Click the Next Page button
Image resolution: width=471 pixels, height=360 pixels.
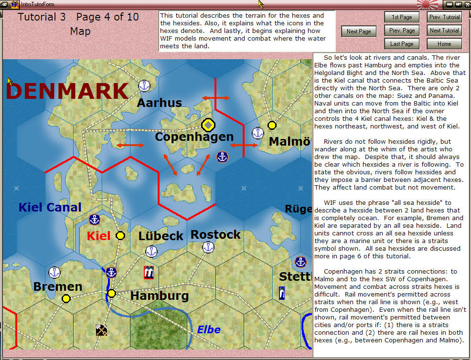pos(359,32)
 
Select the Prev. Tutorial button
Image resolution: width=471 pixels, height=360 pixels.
pos(444,17)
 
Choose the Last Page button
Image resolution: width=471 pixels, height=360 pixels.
pos(402,44)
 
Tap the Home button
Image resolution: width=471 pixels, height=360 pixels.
pos(444,44)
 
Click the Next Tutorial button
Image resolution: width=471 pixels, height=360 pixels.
pos(444,31)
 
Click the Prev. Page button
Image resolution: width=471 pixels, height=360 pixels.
pos(402,31)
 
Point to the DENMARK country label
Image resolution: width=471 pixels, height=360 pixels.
pos(67,91)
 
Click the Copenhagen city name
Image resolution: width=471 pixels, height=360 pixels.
pos(194,137)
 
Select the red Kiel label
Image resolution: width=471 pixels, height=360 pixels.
pos(98,236)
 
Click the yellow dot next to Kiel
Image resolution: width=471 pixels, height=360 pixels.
pos(120,235)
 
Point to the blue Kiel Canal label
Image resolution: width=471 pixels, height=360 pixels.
pos(50,207)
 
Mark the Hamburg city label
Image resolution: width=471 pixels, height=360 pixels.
pos(160,296)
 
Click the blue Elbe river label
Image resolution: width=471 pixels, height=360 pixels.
pos(209,329)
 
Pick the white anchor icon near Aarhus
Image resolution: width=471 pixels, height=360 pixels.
pos(144,86)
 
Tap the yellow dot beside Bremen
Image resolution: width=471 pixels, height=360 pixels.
pos(66,298)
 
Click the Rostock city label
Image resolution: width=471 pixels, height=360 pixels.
pos(215,234)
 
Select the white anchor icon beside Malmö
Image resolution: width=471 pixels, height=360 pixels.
pos(258,133)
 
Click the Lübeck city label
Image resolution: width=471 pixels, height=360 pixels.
pos(161,236)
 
